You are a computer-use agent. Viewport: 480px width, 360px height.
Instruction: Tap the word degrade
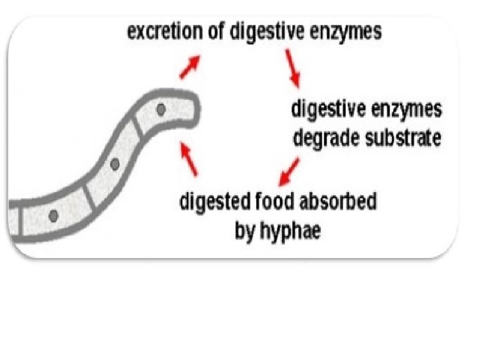click(x=325, y=139)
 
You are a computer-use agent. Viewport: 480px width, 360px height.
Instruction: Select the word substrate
click(x=401, y=139)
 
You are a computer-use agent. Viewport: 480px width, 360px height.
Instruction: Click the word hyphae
click(x=296, y=231)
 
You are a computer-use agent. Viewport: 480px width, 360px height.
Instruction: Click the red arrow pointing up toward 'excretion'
click(x=191, y=67)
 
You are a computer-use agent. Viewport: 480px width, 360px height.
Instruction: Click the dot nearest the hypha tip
click(x=161, y=109)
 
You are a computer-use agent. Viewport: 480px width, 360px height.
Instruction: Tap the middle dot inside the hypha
click(x=114, y=163)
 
